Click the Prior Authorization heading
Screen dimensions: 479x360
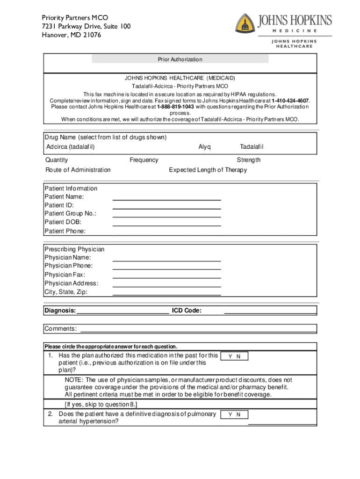click(180, 59)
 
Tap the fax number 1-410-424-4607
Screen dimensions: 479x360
click(290, 101)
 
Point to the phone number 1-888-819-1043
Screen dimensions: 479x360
click(175, 107)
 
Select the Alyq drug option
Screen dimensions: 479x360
click(204, 147)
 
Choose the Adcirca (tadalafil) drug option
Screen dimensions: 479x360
click(71, 147)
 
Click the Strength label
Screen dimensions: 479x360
click(249, 160)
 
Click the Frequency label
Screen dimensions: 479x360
click(144, 160)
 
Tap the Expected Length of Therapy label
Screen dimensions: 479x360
click(208, 170)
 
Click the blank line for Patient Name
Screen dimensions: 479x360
click(166, 200)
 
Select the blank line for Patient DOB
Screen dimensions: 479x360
click(166, 225)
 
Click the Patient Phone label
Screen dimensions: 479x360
click(65, 231)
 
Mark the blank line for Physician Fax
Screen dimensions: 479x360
click(166, 277)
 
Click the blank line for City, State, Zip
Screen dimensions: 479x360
click(166, 295)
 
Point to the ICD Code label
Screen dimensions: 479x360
click(187, 311)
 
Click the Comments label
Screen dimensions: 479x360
click(61, 329)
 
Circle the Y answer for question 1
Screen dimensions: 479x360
click(230, 356)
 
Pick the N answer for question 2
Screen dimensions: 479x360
click(238, 415)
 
